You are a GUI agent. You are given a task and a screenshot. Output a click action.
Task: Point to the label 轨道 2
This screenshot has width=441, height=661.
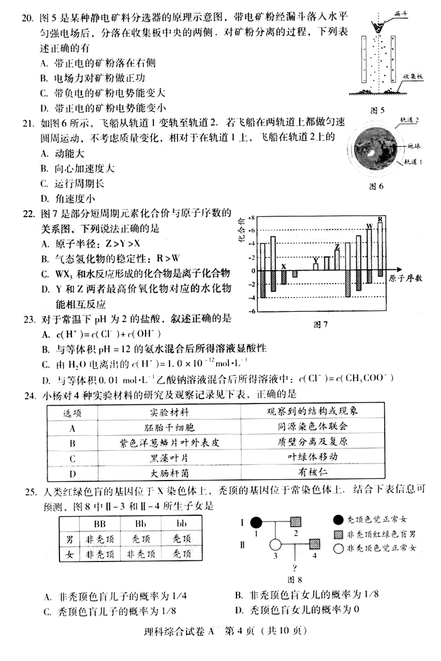pos(410,121)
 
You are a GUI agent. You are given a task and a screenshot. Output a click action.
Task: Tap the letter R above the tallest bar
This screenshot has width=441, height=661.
pos(380,219)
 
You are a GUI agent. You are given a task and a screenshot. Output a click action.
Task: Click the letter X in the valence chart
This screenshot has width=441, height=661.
pos(284,266)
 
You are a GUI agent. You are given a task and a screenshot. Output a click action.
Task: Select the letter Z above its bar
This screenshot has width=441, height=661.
pos(337,246)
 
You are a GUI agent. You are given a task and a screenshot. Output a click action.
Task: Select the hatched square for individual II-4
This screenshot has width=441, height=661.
pos(315,544)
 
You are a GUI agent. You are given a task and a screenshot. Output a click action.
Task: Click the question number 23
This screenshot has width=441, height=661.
pos(27,320)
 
